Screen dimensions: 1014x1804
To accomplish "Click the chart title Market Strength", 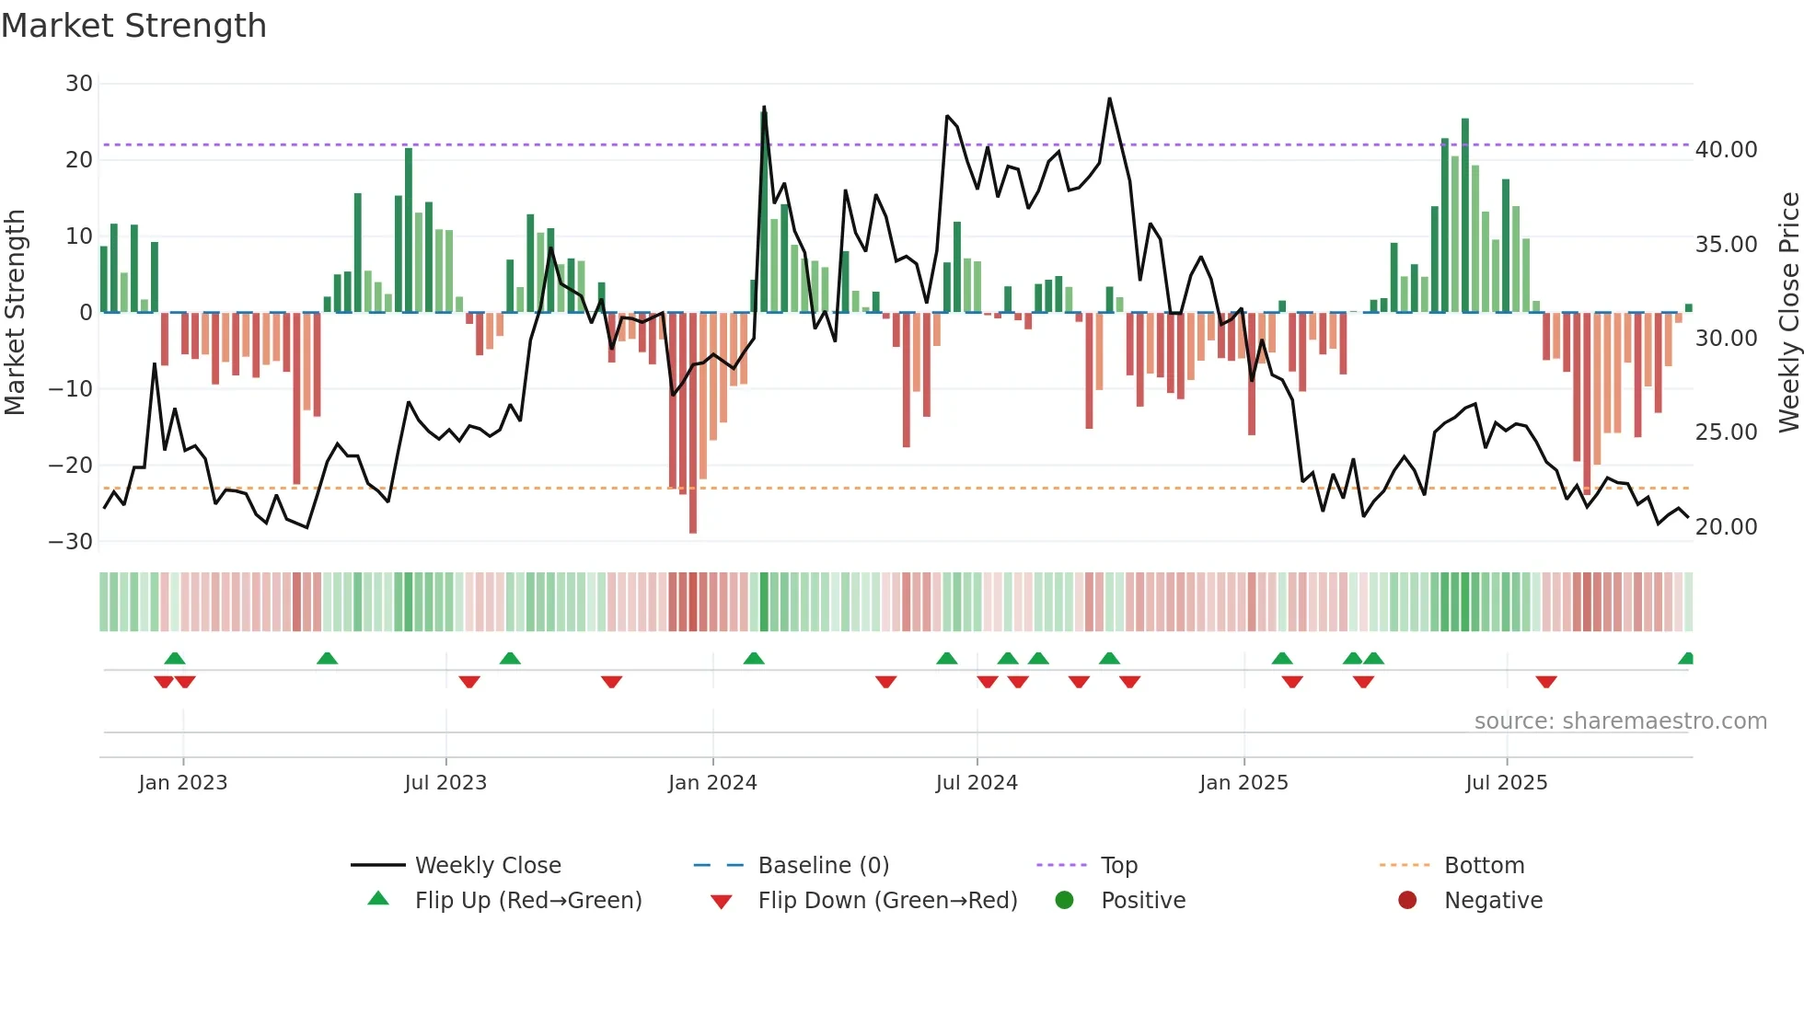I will (x=133, y=26).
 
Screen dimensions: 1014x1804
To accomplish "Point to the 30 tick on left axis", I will (x=79, y=84).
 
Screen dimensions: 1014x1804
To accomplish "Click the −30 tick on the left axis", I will (x=71, y=541).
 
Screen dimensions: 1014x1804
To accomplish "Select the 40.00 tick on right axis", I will (x=1726, y=150).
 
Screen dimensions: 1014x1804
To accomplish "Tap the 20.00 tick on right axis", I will (x=1726, y=527).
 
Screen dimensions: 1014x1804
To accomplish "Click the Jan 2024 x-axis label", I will (x=712, y=783).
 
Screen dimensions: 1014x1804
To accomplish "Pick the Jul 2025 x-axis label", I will (x=1506, y=783).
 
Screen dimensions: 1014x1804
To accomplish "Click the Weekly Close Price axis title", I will (x=1788, y=313).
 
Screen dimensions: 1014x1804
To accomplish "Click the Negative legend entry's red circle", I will (x=1407, y=900).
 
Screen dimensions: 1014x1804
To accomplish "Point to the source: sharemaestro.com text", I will (x=1620, y=721).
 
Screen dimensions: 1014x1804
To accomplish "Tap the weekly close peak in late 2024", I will (x=1109, y=98).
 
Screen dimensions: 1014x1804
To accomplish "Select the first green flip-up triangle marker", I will (x=175, y=658).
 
